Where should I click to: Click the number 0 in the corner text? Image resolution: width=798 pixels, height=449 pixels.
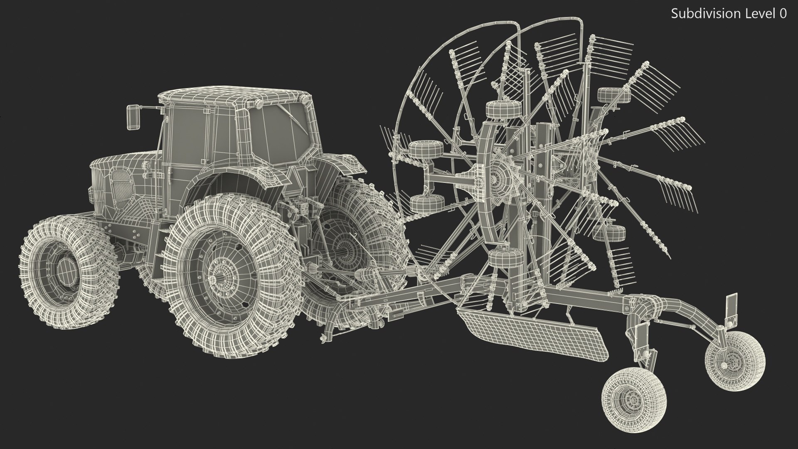[x=783, y=14]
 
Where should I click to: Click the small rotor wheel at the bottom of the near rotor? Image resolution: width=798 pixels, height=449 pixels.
[x=505, y=258]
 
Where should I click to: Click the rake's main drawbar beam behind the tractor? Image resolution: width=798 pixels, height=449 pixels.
[x=416, y=297]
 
